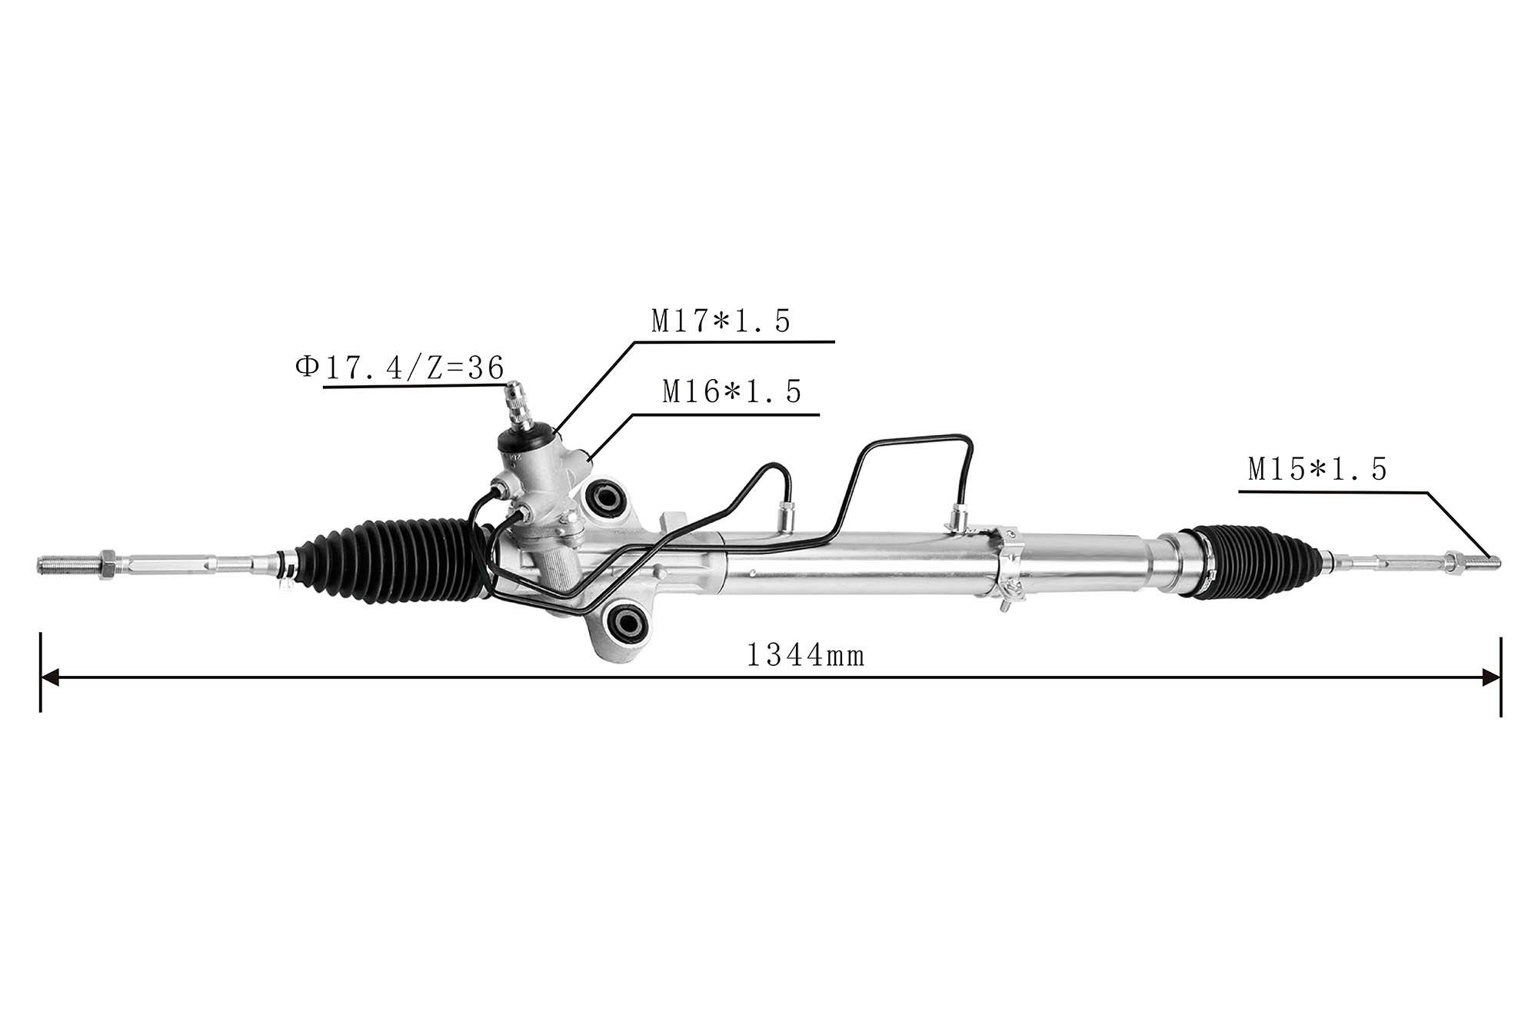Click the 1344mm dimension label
pos(806,656)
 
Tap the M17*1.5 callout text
pos(721,321)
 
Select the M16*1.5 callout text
pos(732,392)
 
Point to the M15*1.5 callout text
pos(1317,469)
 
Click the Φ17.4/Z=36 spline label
pos(400,368)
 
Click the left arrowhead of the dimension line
pos(50,677)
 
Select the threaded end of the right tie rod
pos(1482,564)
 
